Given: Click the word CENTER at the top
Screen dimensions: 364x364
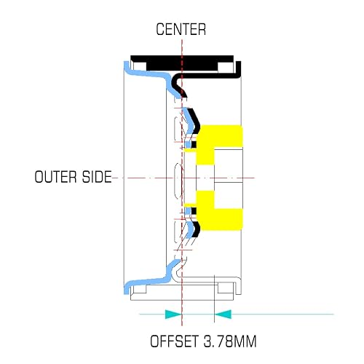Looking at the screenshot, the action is click(181, 29).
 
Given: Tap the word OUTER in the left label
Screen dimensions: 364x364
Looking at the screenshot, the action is click(56, 177).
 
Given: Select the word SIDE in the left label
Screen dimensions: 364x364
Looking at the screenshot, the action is click(97, 177).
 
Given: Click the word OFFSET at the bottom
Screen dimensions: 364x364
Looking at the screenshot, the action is click(174, 341).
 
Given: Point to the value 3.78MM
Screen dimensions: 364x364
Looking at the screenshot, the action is click(229, 341).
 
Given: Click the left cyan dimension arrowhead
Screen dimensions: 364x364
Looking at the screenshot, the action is click(173, 314).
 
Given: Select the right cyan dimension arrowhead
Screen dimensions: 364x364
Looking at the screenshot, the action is click(223, 314).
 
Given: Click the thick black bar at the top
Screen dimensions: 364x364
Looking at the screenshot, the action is click(182, 63).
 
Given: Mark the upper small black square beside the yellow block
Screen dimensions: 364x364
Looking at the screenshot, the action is click(194, 144).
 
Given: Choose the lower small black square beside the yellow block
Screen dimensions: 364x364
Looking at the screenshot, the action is click(194, 211).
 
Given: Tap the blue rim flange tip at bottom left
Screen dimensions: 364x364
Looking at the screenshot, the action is click(127, 290).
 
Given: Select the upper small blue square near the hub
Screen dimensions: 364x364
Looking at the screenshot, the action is click(188, 144).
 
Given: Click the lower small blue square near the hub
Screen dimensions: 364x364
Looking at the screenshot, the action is click(188, 211).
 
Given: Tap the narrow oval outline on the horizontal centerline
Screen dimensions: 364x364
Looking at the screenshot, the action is click(179, 180).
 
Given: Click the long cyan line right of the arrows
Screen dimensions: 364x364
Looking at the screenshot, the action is click(282, 314).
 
